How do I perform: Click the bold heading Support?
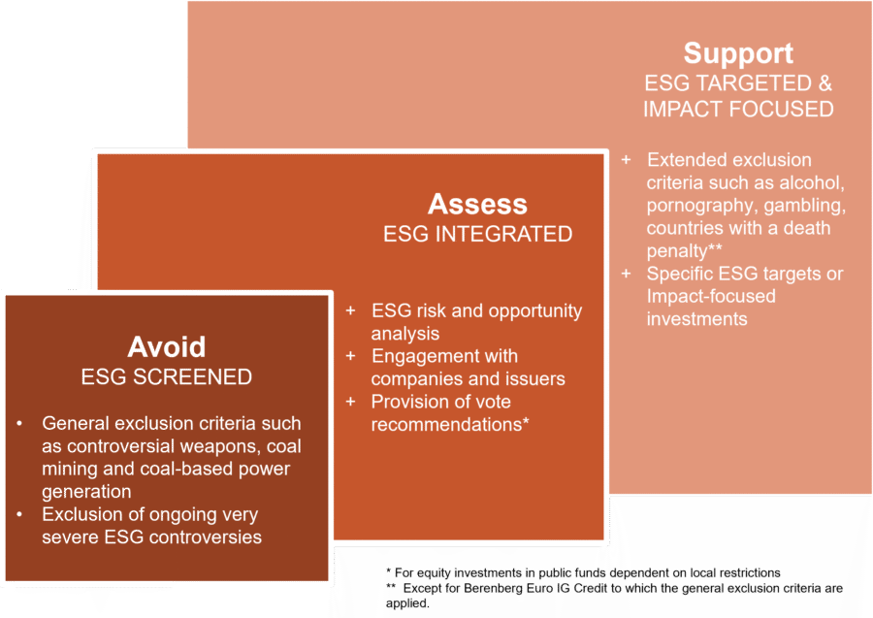pos(737,53)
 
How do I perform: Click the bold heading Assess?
pos(477,205)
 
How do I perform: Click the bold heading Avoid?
pos(167,347)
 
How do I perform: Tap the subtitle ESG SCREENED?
pos(167,376)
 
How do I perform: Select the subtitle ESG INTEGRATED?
pos(477,234)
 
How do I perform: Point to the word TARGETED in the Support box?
pos(742,82)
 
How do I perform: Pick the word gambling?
pos(810,206)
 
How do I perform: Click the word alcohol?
pos(813,182)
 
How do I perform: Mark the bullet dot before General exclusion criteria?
pos(20,424)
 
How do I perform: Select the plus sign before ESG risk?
pos(350,311)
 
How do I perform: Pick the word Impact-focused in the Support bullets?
pos(711,296)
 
